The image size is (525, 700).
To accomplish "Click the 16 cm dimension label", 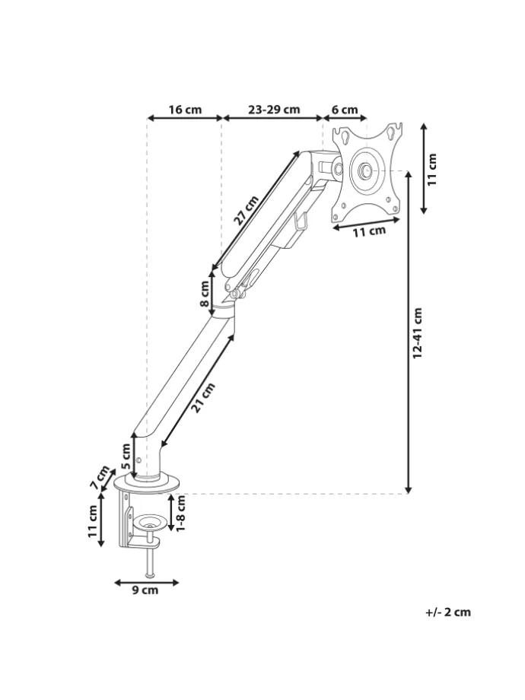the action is [185, 110].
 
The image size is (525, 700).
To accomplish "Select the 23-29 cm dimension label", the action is [274, 110].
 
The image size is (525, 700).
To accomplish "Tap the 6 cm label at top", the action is [345, 110].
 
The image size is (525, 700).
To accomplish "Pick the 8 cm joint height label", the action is [205, 293].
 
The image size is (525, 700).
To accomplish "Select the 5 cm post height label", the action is [126, 456].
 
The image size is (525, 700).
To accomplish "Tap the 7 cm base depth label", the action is [100, 477].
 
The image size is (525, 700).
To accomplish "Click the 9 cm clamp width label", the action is [145, 590].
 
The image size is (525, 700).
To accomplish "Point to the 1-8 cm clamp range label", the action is [181, 514].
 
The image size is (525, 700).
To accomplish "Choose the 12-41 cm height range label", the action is [418, 333].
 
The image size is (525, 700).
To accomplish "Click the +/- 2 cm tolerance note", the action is [448, 612].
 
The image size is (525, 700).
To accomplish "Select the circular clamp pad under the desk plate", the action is [151, 521].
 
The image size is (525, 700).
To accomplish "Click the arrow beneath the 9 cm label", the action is [146, 582].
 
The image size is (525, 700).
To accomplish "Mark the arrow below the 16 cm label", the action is [185, 118].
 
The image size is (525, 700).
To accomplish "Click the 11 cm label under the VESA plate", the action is [369, 231].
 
